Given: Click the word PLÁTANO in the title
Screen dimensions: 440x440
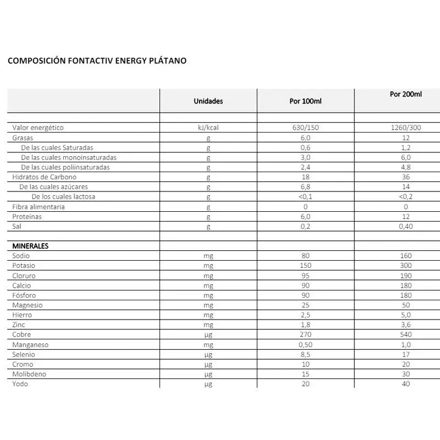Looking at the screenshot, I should [168, 61].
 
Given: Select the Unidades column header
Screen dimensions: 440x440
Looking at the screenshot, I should [208, 101].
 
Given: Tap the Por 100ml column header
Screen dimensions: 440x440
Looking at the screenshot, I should [305, 101].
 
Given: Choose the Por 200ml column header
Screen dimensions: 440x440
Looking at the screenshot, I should [405, 94].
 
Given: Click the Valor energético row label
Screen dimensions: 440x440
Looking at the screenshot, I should [38, 128].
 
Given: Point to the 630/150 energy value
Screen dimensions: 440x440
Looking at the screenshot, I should [305, 128].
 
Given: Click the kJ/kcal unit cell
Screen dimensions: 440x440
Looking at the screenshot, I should [208, 128].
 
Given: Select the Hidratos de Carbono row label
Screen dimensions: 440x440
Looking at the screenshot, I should [45, 177].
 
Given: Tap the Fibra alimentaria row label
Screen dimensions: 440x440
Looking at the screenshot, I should [38, 207].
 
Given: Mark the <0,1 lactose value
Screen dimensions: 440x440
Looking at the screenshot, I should [305, 197].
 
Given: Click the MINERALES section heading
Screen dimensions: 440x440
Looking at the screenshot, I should [30, 246].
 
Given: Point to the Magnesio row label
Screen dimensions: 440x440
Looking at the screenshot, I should [28, 305].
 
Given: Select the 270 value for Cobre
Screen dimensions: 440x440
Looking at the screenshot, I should [305, 334].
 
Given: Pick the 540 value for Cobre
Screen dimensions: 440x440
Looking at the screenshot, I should [406, 334].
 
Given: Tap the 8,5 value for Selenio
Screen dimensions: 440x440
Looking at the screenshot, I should [305, 354].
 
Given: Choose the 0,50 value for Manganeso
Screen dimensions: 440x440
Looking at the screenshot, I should [305, 344].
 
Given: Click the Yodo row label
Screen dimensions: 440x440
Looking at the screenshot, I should [20, 384].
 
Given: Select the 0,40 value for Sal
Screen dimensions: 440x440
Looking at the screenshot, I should [406, 227].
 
